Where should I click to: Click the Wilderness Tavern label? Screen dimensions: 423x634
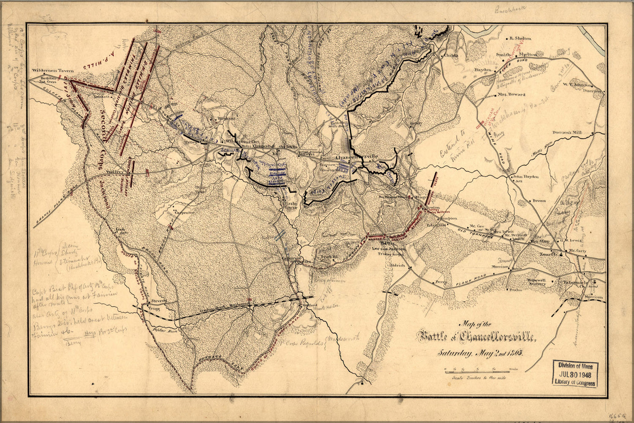pyautogui.click(x=53, y=70)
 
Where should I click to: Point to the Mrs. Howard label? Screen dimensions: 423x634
pyautogui.click(x=511, y=94)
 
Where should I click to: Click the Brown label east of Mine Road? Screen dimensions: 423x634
pyautogui.click(x=539, y=201)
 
